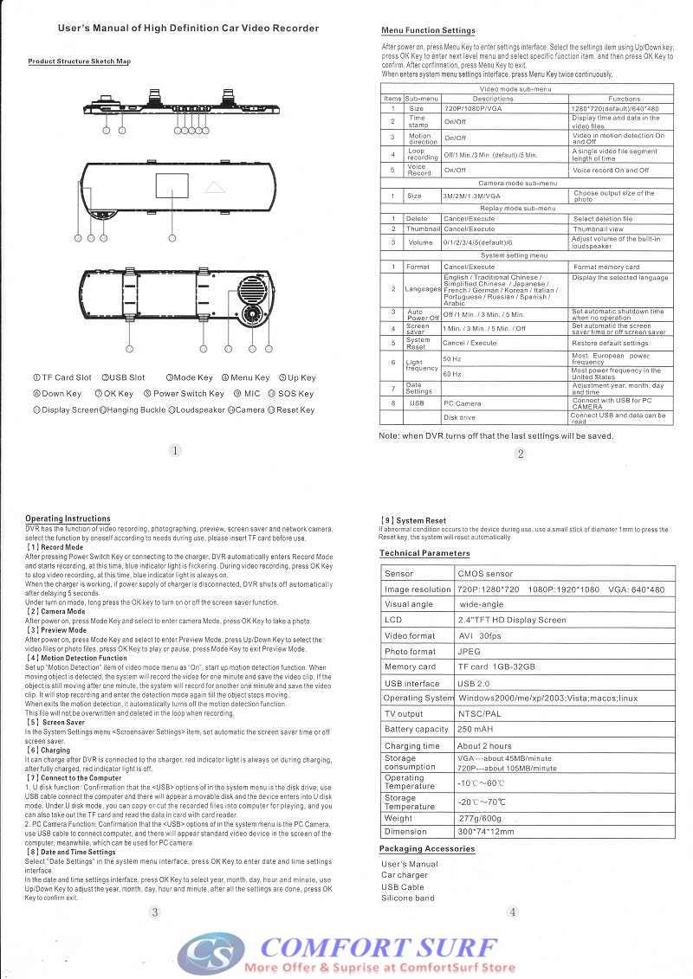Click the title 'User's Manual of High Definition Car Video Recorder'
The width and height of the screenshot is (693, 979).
188,29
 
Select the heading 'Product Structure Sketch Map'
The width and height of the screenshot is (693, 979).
79,61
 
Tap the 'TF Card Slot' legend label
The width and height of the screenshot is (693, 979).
62,377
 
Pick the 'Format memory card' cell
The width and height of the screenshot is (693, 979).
606,267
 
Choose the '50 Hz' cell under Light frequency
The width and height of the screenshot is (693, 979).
452,358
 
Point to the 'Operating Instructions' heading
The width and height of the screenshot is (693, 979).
68,518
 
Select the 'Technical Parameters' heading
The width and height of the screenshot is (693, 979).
424,553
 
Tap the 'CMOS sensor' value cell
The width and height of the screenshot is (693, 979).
485,573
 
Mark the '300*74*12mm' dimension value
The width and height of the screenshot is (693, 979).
486,832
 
